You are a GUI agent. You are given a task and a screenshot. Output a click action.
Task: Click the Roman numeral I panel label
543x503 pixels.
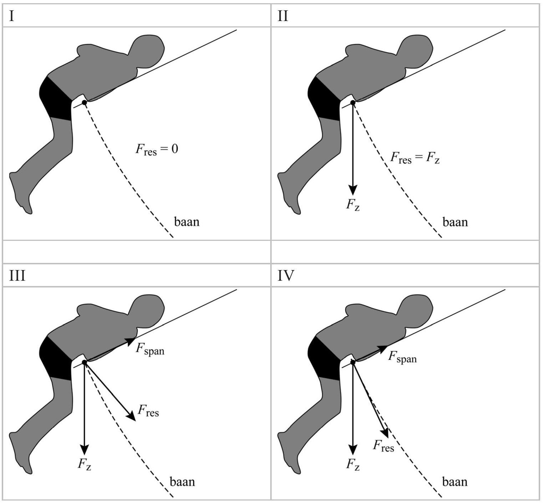(x=12, y=16)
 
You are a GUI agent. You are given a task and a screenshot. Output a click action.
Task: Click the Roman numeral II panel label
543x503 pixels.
(x=283, y=16)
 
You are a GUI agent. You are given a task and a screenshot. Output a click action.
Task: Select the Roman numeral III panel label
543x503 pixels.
(x=17, y=276)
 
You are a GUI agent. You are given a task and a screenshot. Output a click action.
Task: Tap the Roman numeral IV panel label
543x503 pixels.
(x=286, y=276)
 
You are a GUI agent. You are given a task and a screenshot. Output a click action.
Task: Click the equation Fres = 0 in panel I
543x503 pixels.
(x=157, y=149)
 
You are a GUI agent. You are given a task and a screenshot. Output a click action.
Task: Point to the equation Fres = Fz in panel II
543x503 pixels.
(x=415, y=157)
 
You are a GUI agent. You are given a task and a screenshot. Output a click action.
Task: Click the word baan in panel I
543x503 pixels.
(x=186, y=222)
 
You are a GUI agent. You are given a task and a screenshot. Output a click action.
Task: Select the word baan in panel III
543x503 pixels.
(x=182, y=482)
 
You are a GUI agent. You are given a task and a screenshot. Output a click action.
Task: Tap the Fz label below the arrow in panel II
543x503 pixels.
(x=353, y=205)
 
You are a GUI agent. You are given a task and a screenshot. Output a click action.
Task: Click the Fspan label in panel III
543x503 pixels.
(x=150, y=349)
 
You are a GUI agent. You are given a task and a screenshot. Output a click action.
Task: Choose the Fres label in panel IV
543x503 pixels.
(x=383, y=446)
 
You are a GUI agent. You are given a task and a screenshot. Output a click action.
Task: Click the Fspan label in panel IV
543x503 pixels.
(x=402, y=357)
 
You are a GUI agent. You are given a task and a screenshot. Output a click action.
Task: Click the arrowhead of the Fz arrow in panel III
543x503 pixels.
(x=84, y=450)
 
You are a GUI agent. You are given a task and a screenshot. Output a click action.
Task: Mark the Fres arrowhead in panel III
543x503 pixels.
(x=132, y=416)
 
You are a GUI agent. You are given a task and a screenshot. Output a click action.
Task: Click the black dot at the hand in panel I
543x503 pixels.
(x=84, y=103)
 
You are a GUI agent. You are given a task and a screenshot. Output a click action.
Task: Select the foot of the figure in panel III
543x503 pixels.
(x=20, y=460)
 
